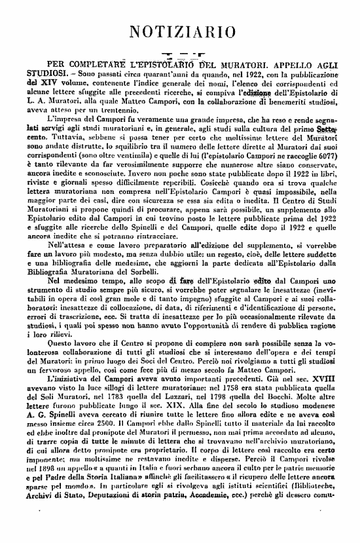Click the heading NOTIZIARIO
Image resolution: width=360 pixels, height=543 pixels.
pyautogui.click(x=181, y=31)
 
